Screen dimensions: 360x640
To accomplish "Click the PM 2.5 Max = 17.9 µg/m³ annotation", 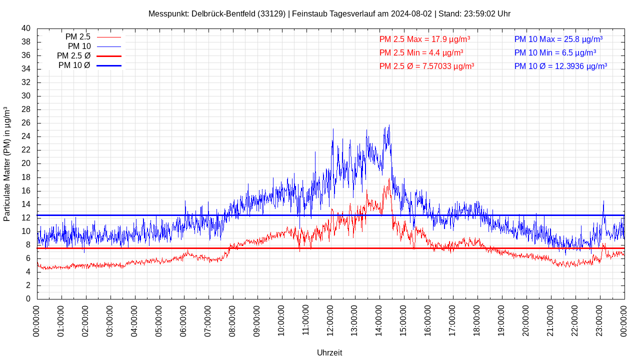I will click(424, 39).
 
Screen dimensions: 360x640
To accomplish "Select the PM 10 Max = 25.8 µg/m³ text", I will click(558, 39).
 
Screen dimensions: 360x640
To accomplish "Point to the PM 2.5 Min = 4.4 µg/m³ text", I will click(421, 52).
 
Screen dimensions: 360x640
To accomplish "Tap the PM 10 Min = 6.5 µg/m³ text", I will click(555, 52).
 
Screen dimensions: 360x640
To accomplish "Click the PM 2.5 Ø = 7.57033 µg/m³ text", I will click(426, 66).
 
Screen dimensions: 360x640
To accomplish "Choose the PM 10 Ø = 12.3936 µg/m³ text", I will click(560, 66).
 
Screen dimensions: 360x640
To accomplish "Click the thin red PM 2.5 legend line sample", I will click(109, 37).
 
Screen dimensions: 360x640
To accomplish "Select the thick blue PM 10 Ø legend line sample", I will click(109, 65).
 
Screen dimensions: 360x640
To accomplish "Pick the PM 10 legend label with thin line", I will click(79, 46).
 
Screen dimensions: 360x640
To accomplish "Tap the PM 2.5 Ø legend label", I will click(73, 56).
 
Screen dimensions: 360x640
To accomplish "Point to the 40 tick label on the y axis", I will click(26, 28).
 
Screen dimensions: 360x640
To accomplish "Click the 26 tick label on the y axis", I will click(26, 123).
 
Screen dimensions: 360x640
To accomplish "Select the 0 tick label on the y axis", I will click(28, 299).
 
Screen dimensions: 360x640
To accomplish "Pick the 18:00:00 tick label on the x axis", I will click(477, 320).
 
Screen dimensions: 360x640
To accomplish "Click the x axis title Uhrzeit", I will click(329, 352).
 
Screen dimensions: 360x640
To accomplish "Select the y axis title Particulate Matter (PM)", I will click(7, 164).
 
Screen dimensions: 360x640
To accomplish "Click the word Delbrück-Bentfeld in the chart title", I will click(223, 13).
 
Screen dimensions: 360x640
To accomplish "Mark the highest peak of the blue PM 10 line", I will click(389, 125).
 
